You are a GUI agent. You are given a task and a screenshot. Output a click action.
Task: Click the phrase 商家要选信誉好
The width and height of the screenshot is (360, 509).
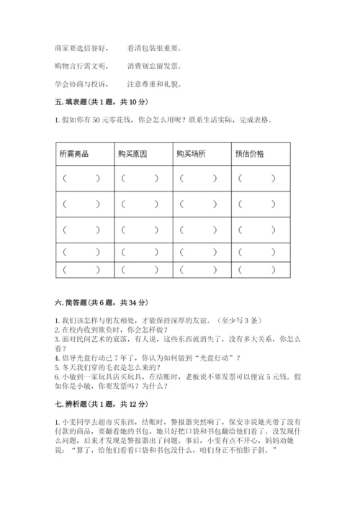tap(81, 48)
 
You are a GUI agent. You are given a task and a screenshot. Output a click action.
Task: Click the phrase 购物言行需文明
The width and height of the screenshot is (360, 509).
tap(81, 66)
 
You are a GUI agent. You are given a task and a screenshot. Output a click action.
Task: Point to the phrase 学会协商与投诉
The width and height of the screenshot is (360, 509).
tap(81, 84)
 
